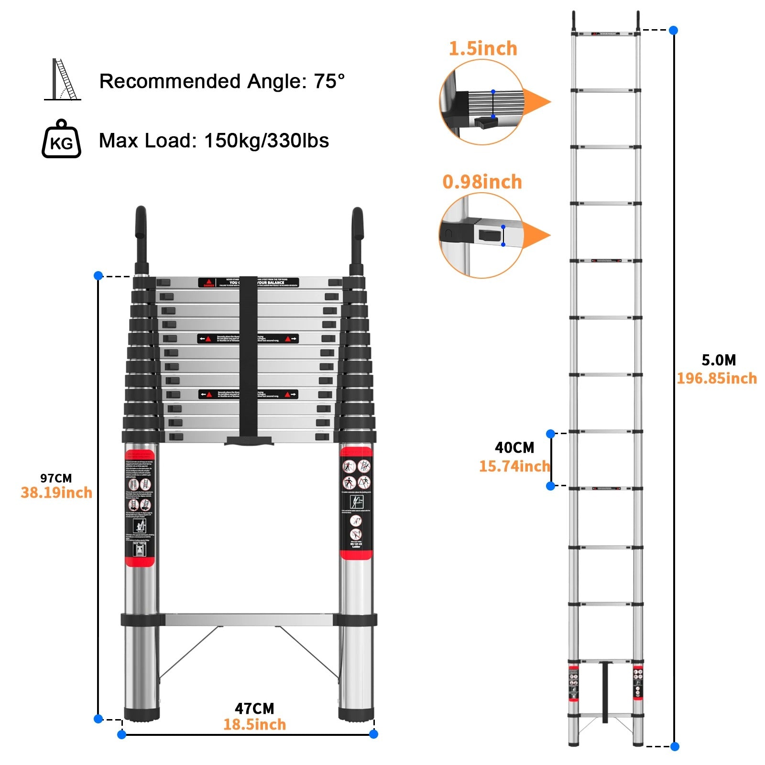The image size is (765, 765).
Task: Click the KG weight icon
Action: coord(61,139)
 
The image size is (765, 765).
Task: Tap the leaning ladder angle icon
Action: coord(63,80)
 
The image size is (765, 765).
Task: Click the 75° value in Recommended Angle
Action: coord(329,81)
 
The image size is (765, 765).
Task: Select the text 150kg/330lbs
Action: coord(266,141)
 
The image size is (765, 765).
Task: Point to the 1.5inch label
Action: coord(483,49)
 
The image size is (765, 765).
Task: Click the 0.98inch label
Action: coord(482,182)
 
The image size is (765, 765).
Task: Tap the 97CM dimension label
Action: coord(56,478)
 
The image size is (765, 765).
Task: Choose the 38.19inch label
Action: coord(56,493)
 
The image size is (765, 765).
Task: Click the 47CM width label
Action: coord(254,709)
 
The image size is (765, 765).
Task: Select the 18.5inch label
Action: coord(254,724)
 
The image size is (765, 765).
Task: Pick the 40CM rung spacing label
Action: coord(514,448)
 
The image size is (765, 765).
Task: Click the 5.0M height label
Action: coord(719,360)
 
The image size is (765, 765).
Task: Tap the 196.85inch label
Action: coord(717,379)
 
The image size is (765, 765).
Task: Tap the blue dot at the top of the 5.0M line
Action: coord(674,30)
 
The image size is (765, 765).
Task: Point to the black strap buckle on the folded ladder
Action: coord(249,440)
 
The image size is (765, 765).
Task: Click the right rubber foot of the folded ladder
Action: coord(356,714)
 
